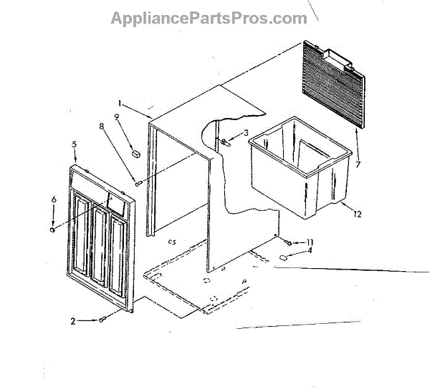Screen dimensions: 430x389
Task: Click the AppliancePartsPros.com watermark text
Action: (209, 19)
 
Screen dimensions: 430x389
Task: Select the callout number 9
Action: (116, 118)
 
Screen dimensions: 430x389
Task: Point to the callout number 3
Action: (245, 132)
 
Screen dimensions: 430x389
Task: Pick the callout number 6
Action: (53, 200)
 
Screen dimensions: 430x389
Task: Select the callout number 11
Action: (310, 242)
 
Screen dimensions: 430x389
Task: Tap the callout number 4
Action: (310, 251)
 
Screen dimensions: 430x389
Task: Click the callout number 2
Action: (74, 322)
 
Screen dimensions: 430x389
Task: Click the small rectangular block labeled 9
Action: (135, 152)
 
